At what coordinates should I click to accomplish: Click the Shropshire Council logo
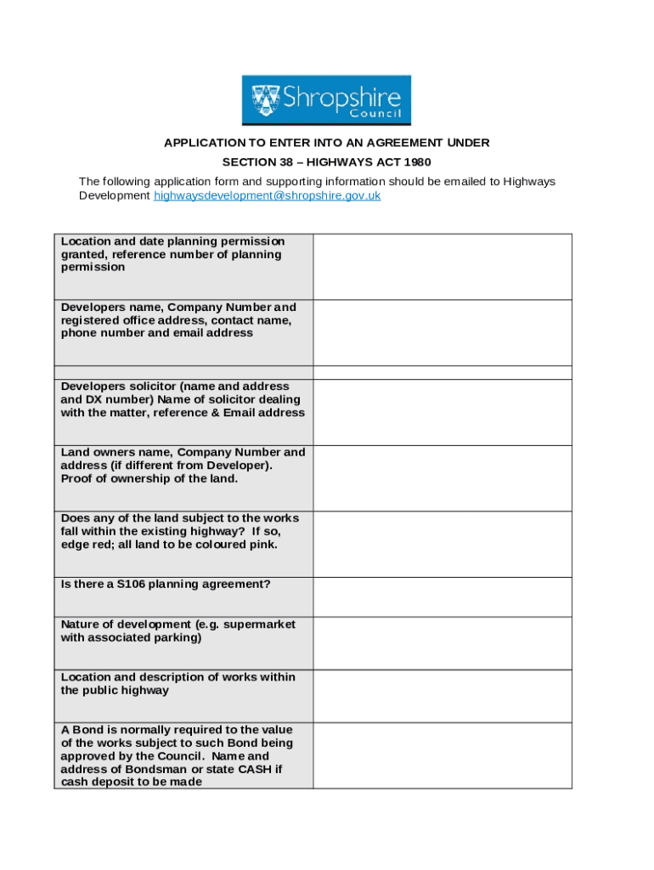[x=326, y=100]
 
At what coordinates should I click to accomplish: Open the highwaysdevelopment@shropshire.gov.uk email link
[x=267, y=195]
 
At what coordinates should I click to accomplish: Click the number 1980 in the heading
[x=416, y=161]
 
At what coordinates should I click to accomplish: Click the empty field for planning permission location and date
[x=442, y=267]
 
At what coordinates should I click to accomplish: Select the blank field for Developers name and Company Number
[x=442, y=332]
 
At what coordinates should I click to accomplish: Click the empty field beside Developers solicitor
[x=442, y=412]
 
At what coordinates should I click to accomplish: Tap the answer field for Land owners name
[x=442, y=478]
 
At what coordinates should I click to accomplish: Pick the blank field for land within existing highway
[x=442, y=544]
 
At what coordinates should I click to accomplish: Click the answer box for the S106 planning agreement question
[x=442, y=596]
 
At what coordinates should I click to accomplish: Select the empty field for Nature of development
[x=442, y=643]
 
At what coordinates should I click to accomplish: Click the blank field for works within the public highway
[x=442, y=696]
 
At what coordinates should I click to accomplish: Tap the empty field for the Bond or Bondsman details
[x=442, y=755]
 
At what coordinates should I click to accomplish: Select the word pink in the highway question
[x=260, y=545]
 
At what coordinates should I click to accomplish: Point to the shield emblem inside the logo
[x=267, y=100]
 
